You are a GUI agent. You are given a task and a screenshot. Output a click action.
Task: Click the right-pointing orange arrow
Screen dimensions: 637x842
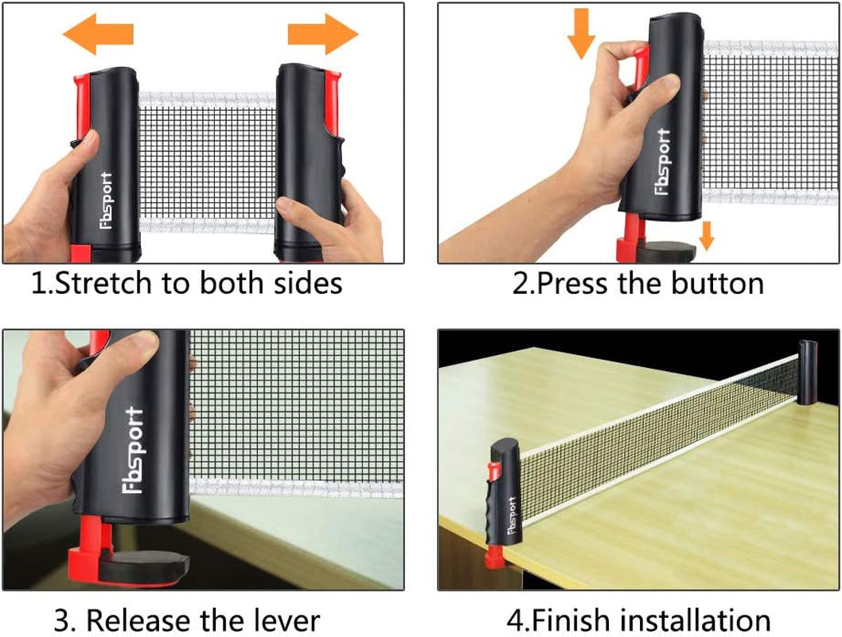click(322, 34)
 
